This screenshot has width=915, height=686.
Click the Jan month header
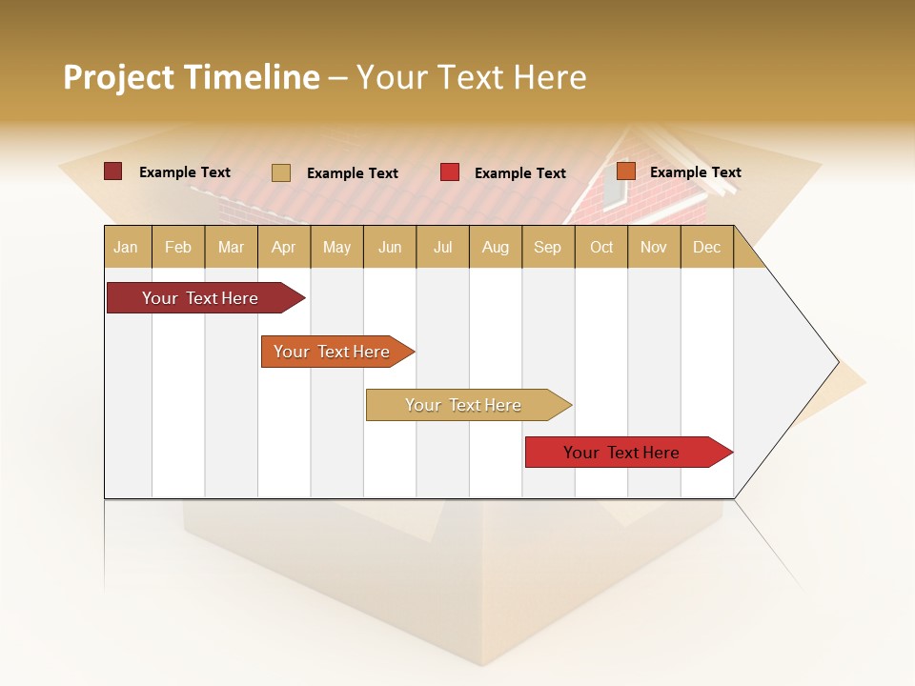pyautogui.click(x=127, y=248)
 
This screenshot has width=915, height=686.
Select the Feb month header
pyautogui.click(x=178, y=248)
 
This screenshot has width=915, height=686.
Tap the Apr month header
pyautogui.click(x=284, y=248)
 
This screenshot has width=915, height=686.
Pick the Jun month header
pyautogui.click(x=390, y=248)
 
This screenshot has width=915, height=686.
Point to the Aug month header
pyautogui.click(x=496, y=248)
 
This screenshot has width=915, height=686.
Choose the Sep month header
pyautogui.click(x=548, y=248)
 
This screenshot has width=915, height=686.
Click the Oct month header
pyautogui.click(x=601, y=248)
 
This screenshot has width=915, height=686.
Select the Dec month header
pyautogui.click(x=707, y=248)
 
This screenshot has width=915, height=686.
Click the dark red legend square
pyautogui.click(x=112, y=171)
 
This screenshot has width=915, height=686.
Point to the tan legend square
pyautogui.click(x=280, y=172)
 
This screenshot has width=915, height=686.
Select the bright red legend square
pyautogui.click(x=450, y=172)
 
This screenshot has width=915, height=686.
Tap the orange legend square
pyautogui.click(x=625, y=171)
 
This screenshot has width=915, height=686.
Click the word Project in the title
pyautogui.click(x=119, y=77)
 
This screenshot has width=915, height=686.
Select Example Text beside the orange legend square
pyautogui.click(x=695, y=172)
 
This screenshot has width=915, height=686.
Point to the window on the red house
pyautogui.click(x=615, y=191)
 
